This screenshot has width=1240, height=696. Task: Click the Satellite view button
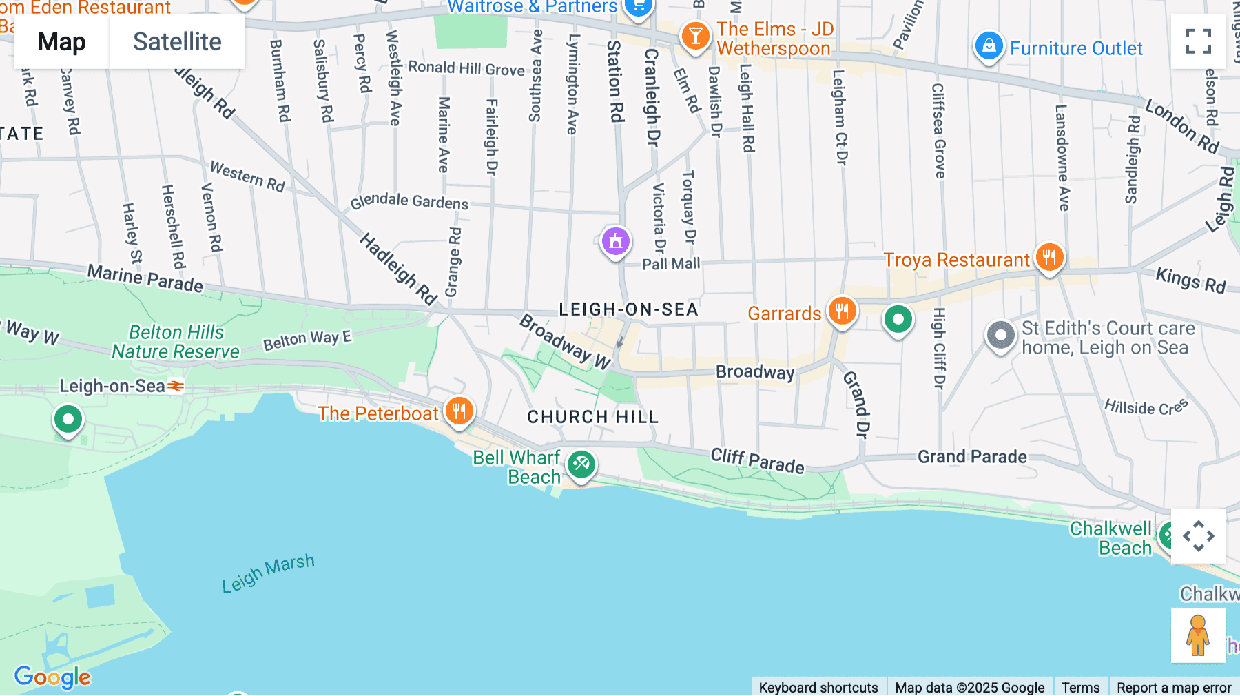click(x=177, y=42)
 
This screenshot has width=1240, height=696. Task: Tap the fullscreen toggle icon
click(x=1198, y=41)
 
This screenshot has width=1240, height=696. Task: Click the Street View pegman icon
click(x=1198, y=635)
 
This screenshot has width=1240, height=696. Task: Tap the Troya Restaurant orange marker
click(x=1049, y=258)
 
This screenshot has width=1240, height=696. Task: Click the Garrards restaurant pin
click(x=841, y=311)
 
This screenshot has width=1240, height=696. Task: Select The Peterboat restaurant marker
click(x=459, y=411)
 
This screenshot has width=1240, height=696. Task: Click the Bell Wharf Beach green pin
click(x=581, y=464)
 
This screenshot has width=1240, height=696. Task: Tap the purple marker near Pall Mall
click(x=615, y=241)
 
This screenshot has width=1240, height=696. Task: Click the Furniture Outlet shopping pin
click(x=989, y=46)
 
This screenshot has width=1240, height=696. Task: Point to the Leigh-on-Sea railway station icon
click(x=176, y=386)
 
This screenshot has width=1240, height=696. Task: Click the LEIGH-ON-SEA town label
click(x=628, y=309)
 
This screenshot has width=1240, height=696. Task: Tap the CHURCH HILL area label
click(x=592, y=417)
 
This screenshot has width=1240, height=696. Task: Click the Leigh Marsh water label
click(x=268, y=573)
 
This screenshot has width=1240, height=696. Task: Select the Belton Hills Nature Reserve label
click(x=176, y=342)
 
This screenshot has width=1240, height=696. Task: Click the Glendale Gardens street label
click(x=409, y=201)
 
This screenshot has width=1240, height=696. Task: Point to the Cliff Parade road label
click(x=757, y=460)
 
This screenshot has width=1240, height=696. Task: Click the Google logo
click(x=52, y=677)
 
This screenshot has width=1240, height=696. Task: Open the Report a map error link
click(x=1173, y=687)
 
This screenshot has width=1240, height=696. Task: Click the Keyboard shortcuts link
click(x=818, y=687)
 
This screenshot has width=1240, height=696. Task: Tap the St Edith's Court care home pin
click(x=1000, y=336)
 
